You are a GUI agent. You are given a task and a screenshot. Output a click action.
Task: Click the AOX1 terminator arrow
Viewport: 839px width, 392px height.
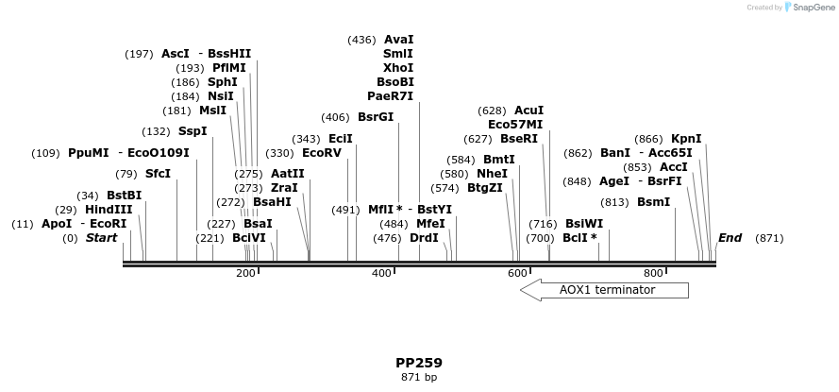pos(605,290)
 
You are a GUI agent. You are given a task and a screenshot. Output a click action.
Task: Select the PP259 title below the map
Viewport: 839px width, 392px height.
pos(419,363)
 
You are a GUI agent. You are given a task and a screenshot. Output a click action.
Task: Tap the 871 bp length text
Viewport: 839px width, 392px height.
pos(419,378)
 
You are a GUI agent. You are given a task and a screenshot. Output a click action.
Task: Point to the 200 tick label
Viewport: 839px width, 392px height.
pos(245,274)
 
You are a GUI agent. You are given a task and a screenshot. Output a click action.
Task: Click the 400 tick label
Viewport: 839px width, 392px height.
pos(381,274)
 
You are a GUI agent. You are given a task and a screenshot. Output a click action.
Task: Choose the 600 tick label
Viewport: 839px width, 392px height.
pos(517,274)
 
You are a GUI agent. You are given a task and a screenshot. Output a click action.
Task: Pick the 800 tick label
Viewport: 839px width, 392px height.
pos(653,274)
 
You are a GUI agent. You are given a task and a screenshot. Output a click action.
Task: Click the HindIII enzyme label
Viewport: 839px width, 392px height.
pos(109,210)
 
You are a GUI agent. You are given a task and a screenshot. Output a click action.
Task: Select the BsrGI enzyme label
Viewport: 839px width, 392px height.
pos(376,117)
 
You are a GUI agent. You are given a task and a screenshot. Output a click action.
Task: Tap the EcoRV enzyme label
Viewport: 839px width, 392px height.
pos(322,153)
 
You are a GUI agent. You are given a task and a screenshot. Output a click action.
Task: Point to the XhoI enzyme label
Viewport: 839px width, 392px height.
pos(398,68)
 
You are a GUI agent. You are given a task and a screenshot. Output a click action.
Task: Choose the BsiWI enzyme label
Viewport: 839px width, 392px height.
pos(584,224)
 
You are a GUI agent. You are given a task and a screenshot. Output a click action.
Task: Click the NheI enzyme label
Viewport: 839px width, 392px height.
pos(492,174)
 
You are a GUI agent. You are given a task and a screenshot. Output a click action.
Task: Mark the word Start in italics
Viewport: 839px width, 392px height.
pos(101,238)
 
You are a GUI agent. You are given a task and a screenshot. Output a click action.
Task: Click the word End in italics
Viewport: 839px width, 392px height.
pos(730,238)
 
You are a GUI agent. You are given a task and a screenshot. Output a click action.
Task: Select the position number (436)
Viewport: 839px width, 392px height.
pos(361,40)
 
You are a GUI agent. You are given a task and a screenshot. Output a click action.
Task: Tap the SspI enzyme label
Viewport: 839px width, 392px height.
pos(193,131)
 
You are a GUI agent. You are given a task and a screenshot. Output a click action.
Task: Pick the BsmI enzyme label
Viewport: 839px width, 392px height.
pos(653,202)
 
